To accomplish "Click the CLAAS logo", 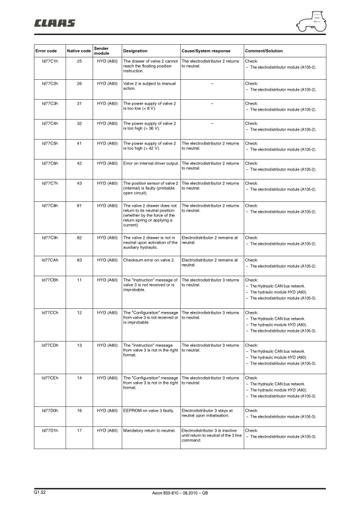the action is point(54,24).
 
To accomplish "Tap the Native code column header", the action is point(79,51).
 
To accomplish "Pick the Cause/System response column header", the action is point(205,51).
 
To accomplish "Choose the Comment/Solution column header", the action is point(263,51).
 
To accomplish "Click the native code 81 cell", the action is point(79,206).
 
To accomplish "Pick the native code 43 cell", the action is point(79,183).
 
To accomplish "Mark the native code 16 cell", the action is point(79,410).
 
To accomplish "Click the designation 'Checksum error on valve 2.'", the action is point(149,260).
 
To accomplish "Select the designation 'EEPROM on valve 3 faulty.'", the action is point(148,410).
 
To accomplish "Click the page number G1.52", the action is point(40,493).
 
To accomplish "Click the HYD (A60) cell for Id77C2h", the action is point(107,82).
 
